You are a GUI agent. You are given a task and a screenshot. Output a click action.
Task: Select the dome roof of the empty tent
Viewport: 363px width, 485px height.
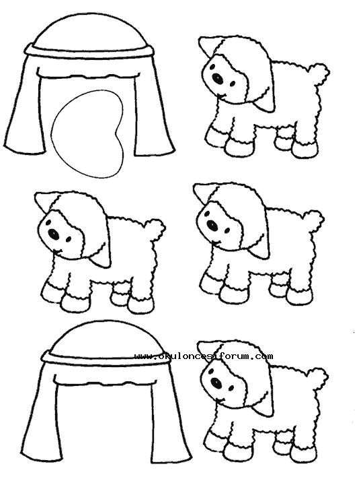tap(106, 338)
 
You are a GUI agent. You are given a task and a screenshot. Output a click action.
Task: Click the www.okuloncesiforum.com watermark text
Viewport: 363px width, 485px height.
tap(204, 356)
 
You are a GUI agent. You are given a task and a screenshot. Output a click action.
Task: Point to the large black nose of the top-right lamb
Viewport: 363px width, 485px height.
tap(217, 77)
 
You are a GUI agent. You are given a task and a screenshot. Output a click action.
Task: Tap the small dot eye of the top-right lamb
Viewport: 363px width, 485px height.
tap(232, 84)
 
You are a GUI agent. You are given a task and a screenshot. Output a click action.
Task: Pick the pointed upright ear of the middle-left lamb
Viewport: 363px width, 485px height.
tap(44, 201)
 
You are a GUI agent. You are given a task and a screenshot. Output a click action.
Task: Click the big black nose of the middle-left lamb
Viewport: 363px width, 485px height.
tap(54, 234)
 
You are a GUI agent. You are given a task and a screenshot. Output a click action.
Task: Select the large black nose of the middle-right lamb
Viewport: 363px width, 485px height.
tap(212, 224)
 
